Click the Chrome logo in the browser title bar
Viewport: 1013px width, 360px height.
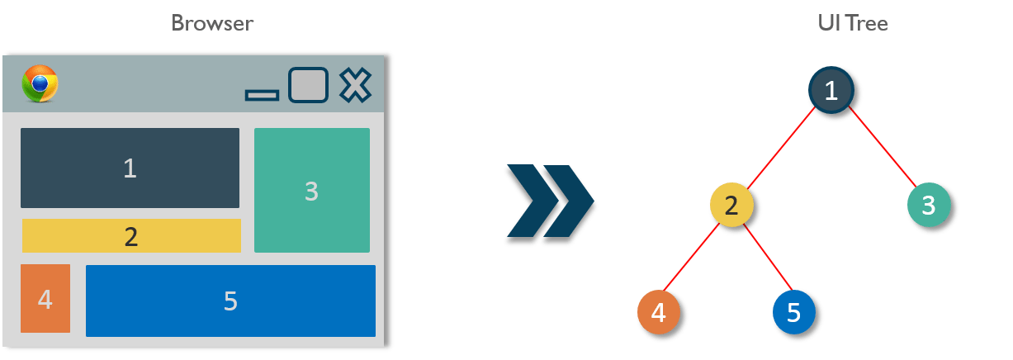[x=40, y=83]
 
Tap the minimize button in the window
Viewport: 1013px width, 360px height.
[x=262, y=96]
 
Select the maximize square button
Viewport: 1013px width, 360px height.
[x=308, y=85]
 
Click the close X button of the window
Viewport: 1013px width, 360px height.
[x=355, y=85]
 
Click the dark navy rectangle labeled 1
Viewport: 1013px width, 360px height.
[x=130, y=168]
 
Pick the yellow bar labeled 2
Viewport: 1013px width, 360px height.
[x=131, y=236]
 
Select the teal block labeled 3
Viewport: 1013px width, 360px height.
[x=311, y=191]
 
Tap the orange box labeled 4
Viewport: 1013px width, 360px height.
[x=45, y=299]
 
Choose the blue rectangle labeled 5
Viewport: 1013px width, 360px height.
[x=230, y=301]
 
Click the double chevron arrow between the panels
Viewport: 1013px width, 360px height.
[x=549, y=205]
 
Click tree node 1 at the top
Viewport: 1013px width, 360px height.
[x=832, y=90]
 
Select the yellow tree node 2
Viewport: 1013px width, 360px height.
[x=731, y=205]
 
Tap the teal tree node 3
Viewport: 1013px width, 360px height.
[x=928, y=204]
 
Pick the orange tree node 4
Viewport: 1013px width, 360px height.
[x=658, y=312]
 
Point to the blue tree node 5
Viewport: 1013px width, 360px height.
[x=793, y=312]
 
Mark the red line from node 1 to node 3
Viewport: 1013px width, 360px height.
[x=882, y=149]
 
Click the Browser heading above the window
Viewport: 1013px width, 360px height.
[x=212, y=23]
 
